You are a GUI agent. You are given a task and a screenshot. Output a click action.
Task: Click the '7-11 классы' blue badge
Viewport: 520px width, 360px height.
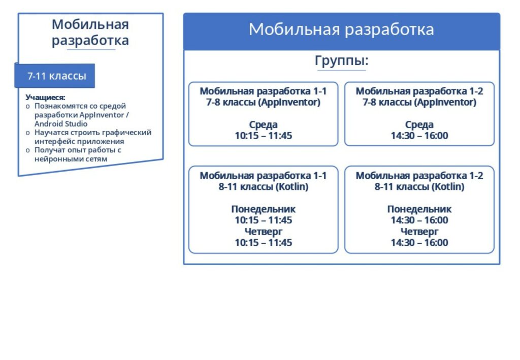[x=55, y=76]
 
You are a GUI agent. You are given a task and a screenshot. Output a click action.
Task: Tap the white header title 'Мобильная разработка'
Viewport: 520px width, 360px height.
[x=341, y=29]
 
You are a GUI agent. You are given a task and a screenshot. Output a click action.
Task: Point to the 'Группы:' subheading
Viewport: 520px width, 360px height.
[x=342, y=60]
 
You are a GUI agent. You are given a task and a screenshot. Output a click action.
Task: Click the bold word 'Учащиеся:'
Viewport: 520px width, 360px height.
[x=45, y=97]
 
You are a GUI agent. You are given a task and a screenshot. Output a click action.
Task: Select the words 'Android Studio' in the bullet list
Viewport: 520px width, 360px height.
[x=61, y=124]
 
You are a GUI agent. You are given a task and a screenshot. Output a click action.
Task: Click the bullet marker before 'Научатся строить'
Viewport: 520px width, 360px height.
[x=28, y=133]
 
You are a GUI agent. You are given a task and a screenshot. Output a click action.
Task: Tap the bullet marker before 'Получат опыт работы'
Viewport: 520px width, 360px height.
[x=28, y=150]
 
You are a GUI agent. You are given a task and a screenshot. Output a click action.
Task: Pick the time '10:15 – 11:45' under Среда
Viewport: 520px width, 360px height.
[x=264, y=136]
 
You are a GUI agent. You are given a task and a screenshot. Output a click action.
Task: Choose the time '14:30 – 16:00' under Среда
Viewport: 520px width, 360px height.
[x=419, y=136]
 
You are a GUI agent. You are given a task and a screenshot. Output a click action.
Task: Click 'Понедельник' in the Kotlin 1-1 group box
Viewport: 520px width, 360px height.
[x=264, y=209]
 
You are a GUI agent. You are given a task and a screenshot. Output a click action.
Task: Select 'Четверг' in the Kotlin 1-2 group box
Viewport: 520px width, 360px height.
[x=419, y=232]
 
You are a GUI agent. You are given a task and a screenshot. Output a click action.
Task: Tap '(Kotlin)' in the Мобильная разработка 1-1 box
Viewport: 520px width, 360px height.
[x=292, y=187]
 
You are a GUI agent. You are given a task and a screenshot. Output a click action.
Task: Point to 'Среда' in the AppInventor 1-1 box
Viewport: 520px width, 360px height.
[x=264, y=124]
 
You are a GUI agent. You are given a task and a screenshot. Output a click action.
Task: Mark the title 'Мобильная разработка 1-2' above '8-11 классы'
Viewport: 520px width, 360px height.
[x=419, y=176]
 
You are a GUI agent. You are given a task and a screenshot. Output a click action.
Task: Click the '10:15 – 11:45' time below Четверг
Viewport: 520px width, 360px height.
[x=264, y=243]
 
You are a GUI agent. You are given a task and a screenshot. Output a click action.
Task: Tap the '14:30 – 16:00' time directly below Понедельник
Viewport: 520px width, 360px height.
[x=419, y=220]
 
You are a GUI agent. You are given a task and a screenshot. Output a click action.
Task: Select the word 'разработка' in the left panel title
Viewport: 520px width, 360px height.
[x=90, y=41]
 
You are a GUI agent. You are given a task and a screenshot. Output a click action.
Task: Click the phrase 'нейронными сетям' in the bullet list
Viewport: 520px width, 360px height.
[x=71, y=159]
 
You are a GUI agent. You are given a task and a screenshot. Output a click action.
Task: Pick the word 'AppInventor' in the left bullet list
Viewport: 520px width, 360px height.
[x=103, y=115]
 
